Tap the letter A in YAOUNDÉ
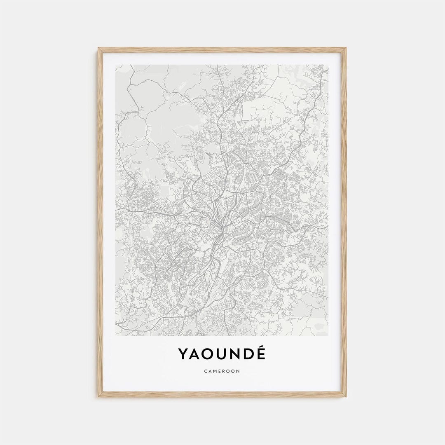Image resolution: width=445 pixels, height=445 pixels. (x=195, y=354)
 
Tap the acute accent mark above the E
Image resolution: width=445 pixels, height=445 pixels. (x=262, y=347)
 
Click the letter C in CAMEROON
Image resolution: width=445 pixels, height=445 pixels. (x=205, y=371)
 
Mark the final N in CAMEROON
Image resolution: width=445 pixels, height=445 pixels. (x=238, y=371)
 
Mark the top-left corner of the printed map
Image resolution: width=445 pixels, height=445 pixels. (x=116, y=65)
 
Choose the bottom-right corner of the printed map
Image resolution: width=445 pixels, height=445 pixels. (x=328, y=335)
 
